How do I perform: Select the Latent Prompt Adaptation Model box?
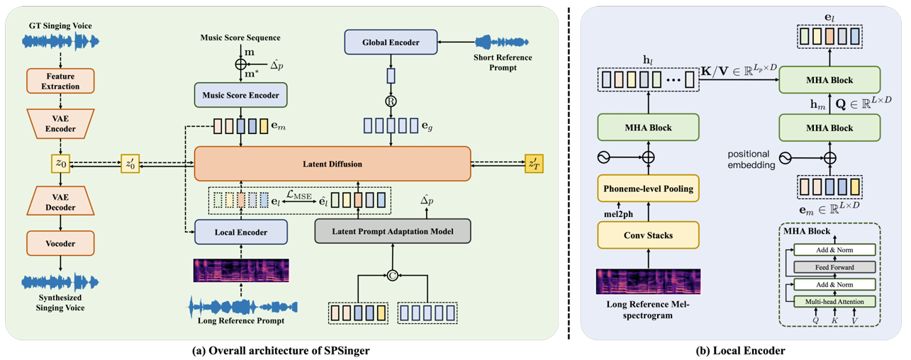pyautogui.click(x=392, y=230)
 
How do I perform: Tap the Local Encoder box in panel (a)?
pyautogui.click(x=240, y=231)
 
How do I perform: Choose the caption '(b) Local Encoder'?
pyautogui.click(x=739, y=348)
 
